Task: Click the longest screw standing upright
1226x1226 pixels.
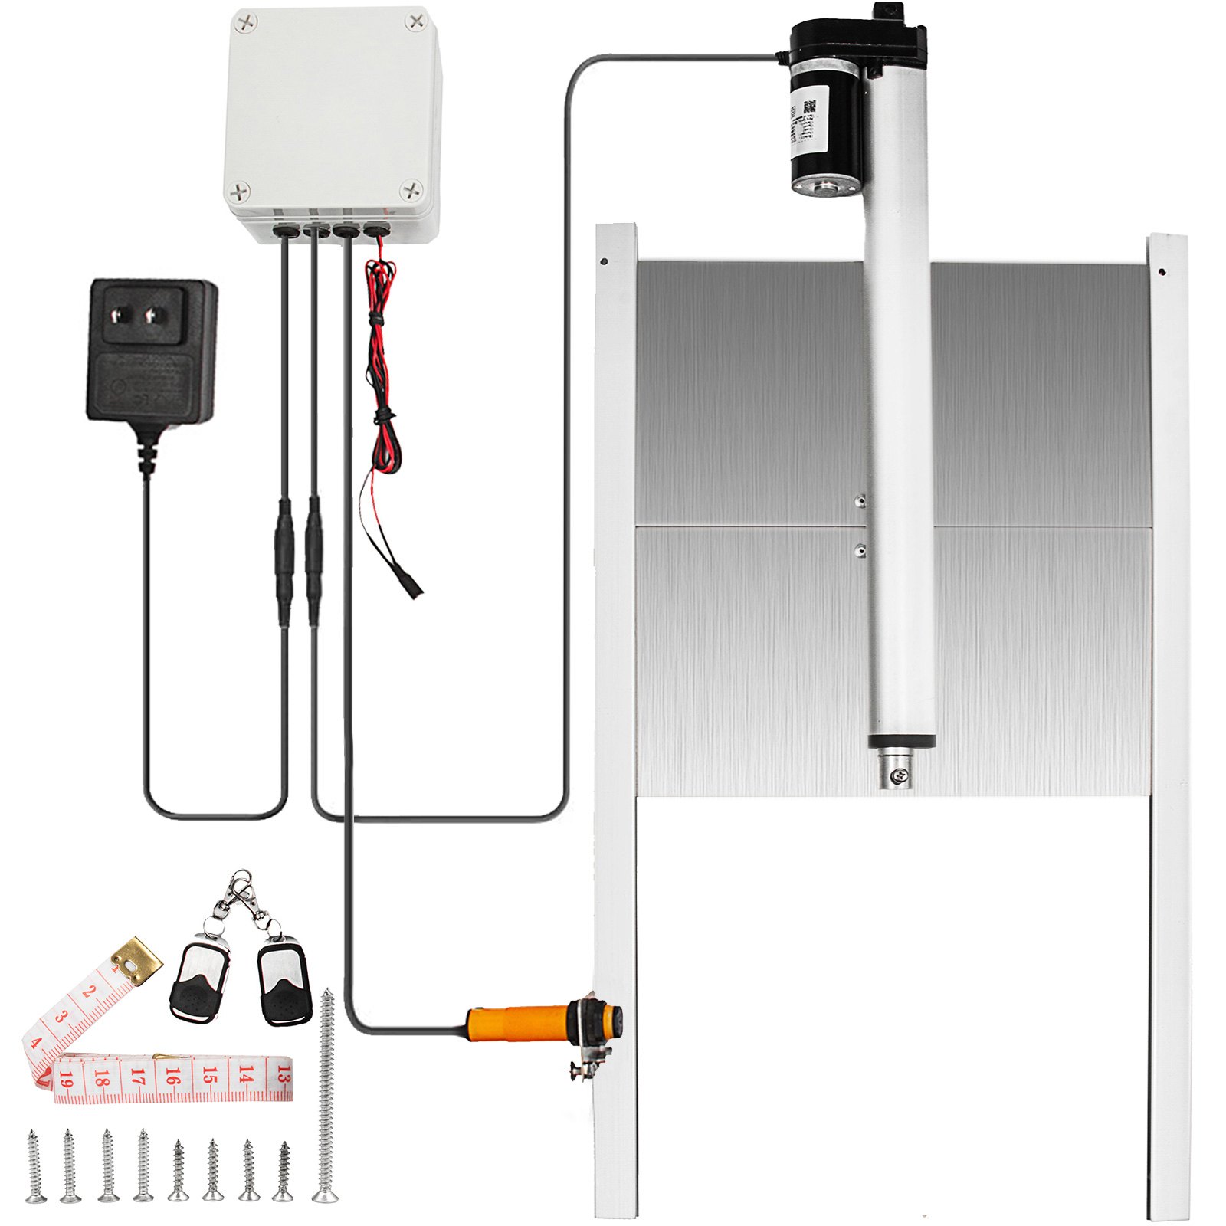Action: [x=326, y=1096]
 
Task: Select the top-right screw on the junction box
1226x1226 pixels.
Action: [x=416, y=21]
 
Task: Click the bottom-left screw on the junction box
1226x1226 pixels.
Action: [x=241, y=189]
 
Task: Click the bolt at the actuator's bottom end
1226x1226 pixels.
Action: [x=898, y=776]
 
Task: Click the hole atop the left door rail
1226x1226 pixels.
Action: [x=605, y=261]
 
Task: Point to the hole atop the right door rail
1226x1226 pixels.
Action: [x=1162, y=270]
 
